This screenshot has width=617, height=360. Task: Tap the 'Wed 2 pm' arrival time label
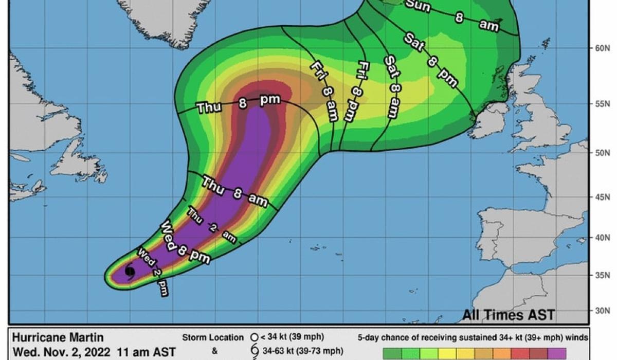[x=153, y=272]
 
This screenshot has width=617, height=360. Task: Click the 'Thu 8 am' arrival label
[x=234, y=191]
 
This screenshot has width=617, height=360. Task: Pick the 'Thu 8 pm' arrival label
[x=239, y=105]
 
